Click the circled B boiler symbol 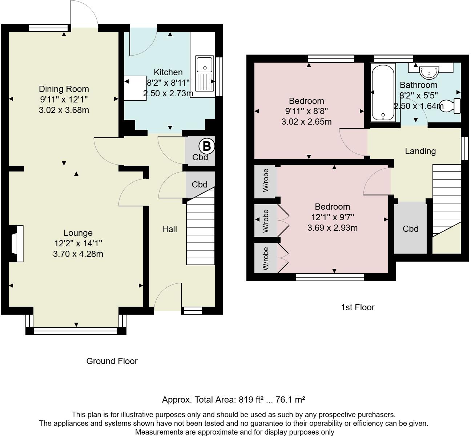(x=206, y=146)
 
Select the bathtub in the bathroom (x=382, y=93)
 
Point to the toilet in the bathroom (x=451, y=106)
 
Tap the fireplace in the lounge (x=17, y=243)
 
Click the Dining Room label (x=64, y=89)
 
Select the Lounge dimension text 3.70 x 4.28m (x=78, y=254)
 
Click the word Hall (x=169, y=229)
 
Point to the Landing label (x=420, y=151)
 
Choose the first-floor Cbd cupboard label (x=410, y=229)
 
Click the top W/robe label (x=266, y=180)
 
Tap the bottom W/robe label (x=266, y=259)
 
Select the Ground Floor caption (x=112, y=361)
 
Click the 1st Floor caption (x=358, y=307)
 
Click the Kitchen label (x=168, y=72)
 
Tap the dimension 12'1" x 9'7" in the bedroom (x=332, y=217)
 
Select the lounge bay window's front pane (x=76, y=331)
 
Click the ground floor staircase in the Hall (x=200, y=233)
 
